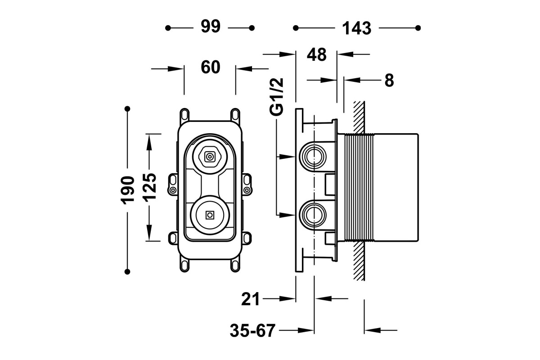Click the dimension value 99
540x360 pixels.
210,27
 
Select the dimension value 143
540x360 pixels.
356,28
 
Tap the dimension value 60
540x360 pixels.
210,67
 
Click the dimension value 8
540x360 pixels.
389,80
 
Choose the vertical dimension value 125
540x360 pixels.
150,187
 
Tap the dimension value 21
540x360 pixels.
251,298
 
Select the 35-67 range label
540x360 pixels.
252,331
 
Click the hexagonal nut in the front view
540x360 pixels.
210,157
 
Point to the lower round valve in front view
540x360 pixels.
210,215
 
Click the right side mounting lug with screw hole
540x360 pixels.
247,184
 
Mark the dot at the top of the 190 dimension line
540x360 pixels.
128,108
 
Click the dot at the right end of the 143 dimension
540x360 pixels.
418,28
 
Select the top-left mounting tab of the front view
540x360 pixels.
184,113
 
